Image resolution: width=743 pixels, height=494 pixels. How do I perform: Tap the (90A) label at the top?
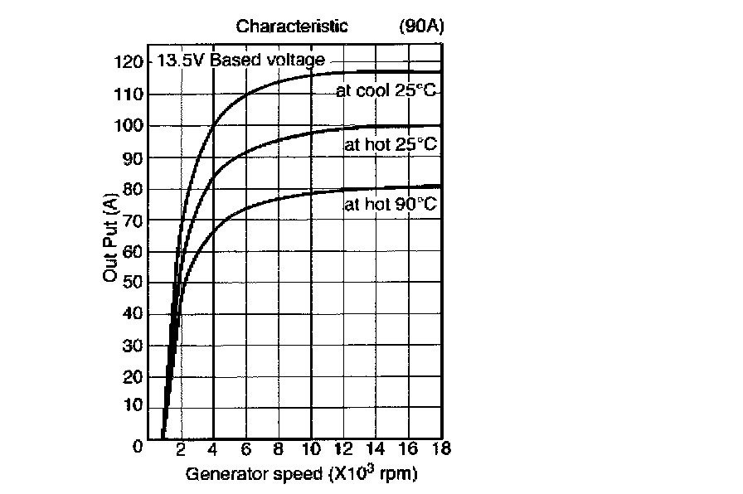421,26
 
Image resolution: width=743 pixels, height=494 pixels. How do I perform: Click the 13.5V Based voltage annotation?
241,61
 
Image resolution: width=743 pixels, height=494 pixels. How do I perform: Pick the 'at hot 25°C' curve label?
390,144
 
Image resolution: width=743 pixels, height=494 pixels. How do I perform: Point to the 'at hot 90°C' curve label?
390,204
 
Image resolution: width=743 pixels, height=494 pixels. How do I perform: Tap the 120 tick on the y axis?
129,62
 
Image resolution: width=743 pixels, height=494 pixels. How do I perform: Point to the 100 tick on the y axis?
129,125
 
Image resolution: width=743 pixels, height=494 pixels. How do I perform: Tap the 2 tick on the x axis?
180,451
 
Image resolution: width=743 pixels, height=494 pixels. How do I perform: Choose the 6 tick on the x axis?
245,451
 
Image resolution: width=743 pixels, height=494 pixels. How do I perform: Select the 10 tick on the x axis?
310,451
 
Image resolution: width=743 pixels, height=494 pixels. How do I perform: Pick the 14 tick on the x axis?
375,451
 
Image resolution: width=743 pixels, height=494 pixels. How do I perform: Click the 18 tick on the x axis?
439,451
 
